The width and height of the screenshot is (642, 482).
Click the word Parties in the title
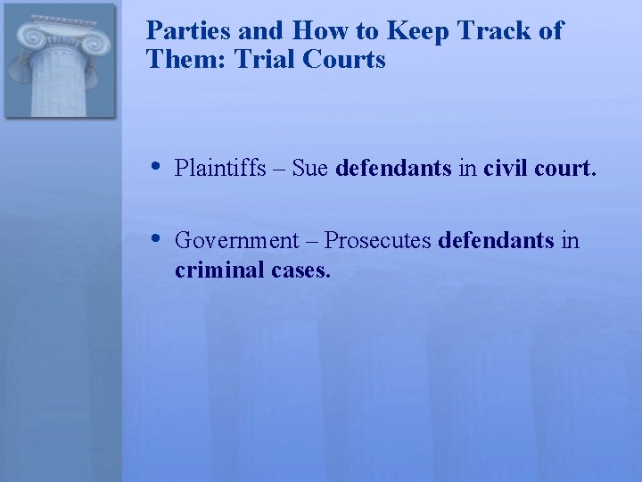coord(182,30)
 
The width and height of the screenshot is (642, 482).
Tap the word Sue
coord(309,168)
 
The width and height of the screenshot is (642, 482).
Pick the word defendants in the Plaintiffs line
coord(394,168)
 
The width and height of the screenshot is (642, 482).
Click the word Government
coord(237,240)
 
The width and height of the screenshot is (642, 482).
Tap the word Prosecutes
coord(378,240)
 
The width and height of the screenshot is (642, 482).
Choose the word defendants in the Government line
coord(498,240)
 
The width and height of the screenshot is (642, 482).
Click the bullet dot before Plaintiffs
coord(155,166)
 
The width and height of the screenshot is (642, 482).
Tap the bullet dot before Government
coord(155,238)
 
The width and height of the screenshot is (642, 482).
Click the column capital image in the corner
coord(60,61)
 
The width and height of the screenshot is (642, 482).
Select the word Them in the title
coord(176,60)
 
